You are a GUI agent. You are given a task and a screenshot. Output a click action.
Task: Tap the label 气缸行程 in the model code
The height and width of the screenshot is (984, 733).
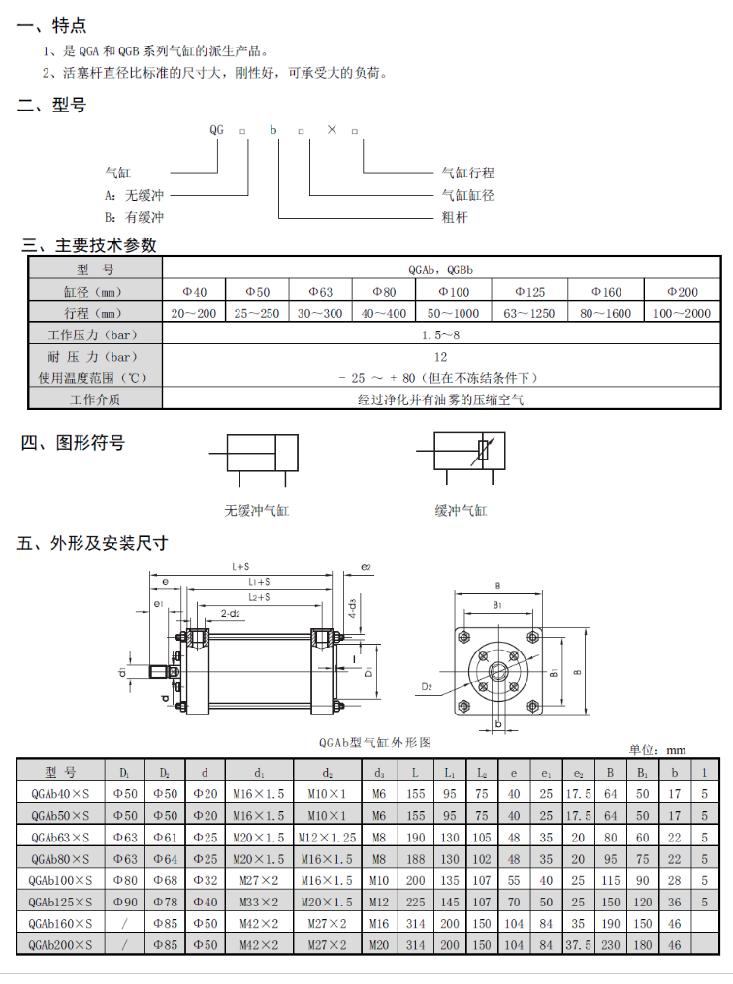pyautogui.click(x=468, y=173)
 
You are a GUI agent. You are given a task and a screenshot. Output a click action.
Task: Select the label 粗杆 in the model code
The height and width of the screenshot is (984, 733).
pyautogui.click(x=455, y=217)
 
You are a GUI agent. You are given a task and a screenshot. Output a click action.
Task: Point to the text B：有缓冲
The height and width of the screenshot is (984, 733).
pyautogui.click(x=135, y=217)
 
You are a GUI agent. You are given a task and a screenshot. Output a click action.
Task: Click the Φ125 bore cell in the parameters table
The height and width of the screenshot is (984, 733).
pyautogui.click(x=529, y=291)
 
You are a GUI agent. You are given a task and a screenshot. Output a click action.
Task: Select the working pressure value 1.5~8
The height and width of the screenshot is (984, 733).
pyautogui.click(x=441, y=334)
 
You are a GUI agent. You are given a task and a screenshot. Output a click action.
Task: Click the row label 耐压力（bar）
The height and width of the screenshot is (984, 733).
pyautogui.click(x=94, y=356)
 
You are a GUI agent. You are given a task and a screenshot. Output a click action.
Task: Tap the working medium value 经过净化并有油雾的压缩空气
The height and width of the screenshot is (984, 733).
pyautogui.click(x=441, y=398)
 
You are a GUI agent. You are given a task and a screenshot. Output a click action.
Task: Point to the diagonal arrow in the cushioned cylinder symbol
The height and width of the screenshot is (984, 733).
pyautogui.click(x=485, y=451)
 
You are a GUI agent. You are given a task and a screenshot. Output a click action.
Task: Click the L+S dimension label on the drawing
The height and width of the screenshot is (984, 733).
pyautogui.click(x=241, y=565)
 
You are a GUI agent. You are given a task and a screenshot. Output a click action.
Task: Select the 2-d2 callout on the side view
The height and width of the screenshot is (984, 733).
pyautogui.click(x=230, y=614)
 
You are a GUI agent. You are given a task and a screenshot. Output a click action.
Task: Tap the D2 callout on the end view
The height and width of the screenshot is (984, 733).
pyautogui.click(x=429, y=686)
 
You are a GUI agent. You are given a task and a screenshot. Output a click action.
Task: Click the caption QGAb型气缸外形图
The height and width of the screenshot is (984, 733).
pyautogui.click(x=374, y=742)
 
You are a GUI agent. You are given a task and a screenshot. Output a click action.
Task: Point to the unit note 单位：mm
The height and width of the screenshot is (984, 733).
pyautogui.click(x=657, y=749)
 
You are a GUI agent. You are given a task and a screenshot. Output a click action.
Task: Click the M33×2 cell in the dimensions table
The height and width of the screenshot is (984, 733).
pyautogui.click(x=259, y=901)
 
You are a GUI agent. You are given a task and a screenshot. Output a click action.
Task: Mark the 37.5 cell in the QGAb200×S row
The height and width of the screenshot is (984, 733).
pyautogui.click(x=579, y=943)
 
